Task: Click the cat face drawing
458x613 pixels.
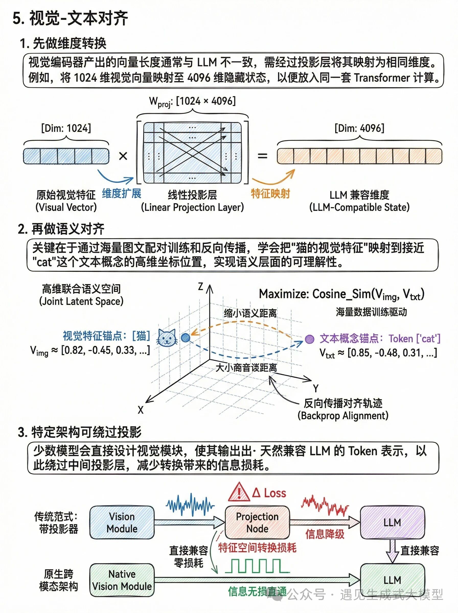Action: (x=167, y=338)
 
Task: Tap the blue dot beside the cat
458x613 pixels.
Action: (x=186, y=337)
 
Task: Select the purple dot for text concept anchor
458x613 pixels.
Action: (x=310, y=339)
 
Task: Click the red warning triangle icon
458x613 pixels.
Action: (x=239, y=492)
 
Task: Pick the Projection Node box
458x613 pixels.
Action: (x=257, y=522)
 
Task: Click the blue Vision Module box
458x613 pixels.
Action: (x=122, y=522)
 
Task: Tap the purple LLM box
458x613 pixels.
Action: (x=392, y=522)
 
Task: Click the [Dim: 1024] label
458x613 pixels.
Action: (x=66, y=128)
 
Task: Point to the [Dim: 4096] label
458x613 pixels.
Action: (x=359, y=128)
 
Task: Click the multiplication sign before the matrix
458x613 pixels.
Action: (x=123, y=156)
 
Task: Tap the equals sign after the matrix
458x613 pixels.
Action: (x=262, y=156)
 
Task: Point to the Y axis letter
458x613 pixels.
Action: (x=315, y=388)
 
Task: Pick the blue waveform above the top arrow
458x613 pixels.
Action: (x=190, y=504)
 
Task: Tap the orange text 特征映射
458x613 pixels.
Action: (x=270, y=194)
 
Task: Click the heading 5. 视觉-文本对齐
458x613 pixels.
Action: (x=70, y=19)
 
